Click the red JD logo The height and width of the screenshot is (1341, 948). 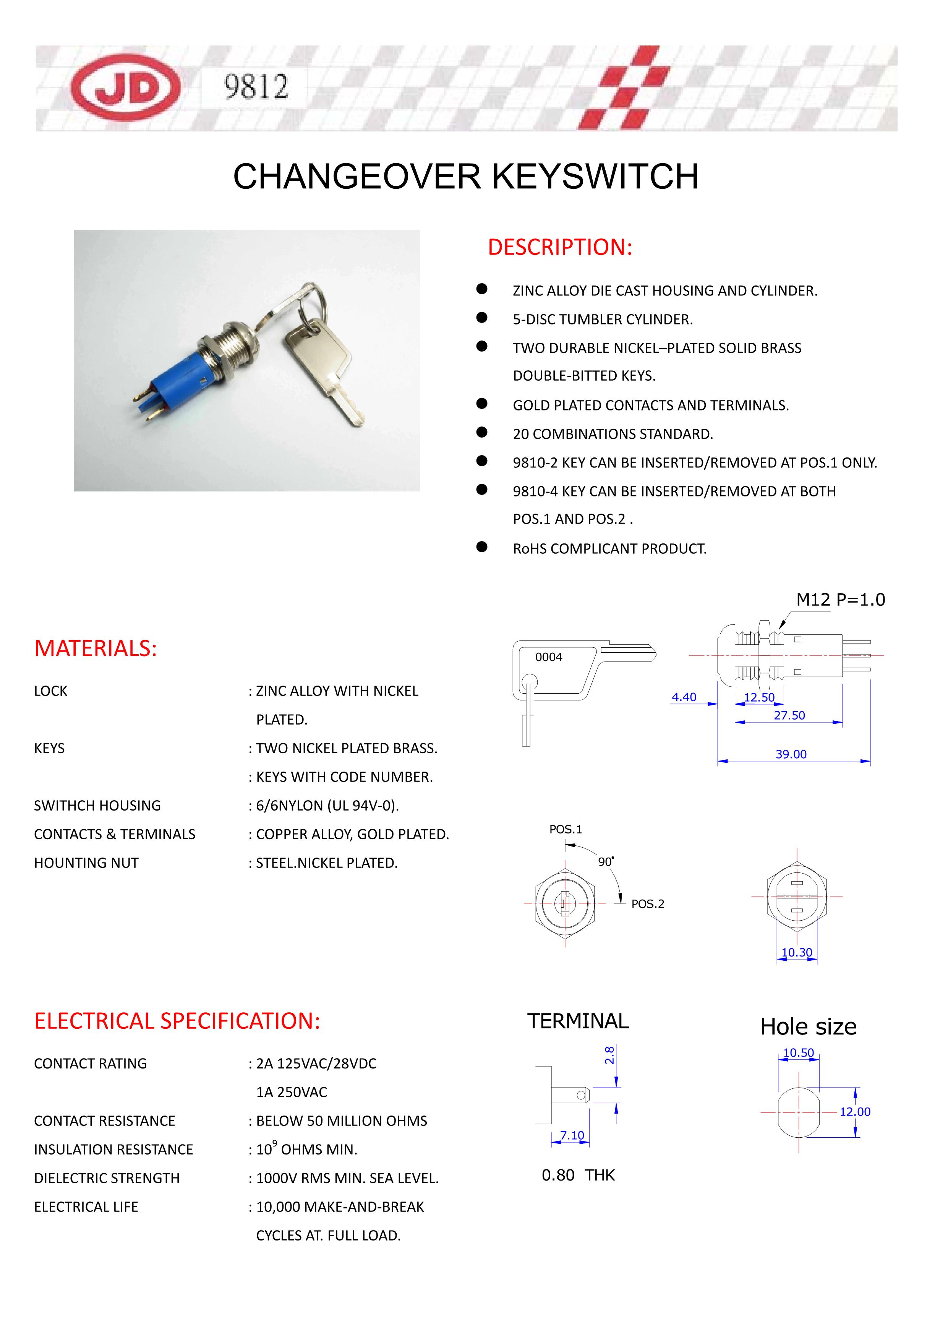click(x=126, y=88)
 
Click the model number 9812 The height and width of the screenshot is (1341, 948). click(x=256, y=87)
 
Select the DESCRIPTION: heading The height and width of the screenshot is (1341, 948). click(x=559, y=247)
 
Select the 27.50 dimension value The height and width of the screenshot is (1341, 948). click(x=789, y=715)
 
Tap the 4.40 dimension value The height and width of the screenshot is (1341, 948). click(x=684, y=697)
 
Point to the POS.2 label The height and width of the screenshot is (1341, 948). click(x=647, y=904)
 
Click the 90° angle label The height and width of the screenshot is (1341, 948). click(x=605, y=862)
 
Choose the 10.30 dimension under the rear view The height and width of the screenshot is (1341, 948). click(x=797, y=953)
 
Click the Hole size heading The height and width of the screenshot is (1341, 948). click(x=808, y=1027)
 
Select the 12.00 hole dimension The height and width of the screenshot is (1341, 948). click(x=854, y=1112)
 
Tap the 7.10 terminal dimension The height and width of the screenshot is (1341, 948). click(x=572, y=1135)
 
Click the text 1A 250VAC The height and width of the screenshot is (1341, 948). click(x=292, y=1092)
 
